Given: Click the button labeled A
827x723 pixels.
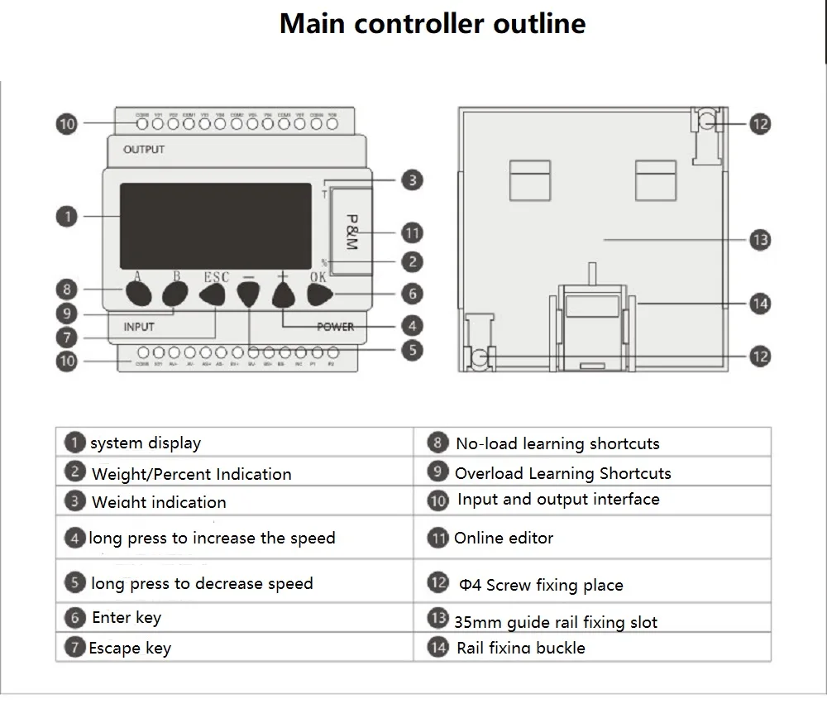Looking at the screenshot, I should pos(139,294).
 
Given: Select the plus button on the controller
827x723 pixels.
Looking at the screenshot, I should pos(284,295).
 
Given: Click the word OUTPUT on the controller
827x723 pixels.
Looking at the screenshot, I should pos(144,150).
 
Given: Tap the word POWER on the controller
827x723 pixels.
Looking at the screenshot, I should pos(335,327).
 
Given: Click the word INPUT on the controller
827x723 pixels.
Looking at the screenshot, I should pos(139,327).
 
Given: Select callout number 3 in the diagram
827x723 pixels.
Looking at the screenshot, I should pos(412,180).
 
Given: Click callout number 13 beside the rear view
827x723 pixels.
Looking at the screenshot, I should pos(759,240).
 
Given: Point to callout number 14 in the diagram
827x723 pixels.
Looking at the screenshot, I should pos(759,304).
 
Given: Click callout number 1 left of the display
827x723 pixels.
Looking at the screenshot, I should pos(67,217).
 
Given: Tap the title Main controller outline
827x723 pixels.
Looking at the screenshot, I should pos(433,23).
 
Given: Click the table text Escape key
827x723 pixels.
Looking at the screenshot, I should pos(130,648).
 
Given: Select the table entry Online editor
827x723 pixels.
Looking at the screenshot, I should pos(504,538).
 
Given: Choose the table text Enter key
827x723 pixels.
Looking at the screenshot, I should pos(127,617).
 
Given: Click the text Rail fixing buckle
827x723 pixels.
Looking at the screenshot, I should pos(521,648).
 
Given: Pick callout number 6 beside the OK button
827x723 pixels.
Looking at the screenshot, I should pos(412,294).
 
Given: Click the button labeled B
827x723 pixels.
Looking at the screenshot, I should pos(174,294).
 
